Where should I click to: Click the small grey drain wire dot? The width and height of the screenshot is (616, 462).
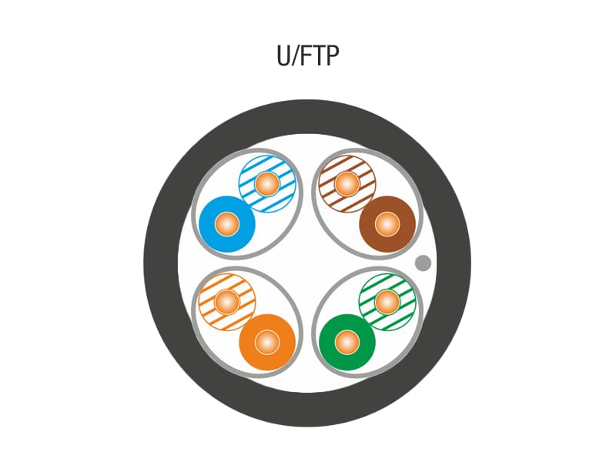pos(423,263)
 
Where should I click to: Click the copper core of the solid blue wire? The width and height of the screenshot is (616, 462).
pos(226,225)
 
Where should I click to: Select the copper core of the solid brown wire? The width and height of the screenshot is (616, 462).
pos(387,224)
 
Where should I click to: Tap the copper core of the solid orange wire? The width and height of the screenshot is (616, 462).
pos(267,342)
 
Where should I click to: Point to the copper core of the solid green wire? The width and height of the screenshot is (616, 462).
pos(347,342)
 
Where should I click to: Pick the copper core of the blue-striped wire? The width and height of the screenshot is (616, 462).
pos(267,184)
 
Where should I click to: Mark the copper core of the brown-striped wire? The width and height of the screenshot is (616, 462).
pos(346,184)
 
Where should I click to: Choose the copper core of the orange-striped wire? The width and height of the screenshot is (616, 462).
pos(226,301)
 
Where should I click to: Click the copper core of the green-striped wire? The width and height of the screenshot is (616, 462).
pos(387,301)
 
